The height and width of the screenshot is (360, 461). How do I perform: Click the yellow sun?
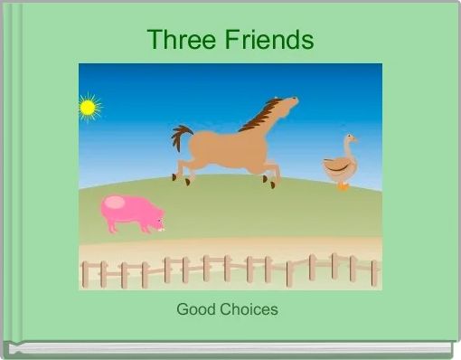pyautogui.click(x=88, y=108)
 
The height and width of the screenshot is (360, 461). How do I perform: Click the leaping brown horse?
pyautogui.click(x=230, y=145)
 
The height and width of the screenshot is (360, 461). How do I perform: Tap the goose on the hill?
pyautogui.click(x=340, y=165)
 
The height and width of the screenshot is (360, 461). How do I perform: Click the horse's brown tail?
pyautogui.click(x=182, y=137)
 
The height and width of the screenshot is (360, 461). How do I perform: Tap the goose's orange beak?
pyautogui.click(x=354, y=139)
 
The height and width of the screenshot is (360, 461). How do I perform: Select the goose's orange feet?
pyautogui.click(x=343, y=185)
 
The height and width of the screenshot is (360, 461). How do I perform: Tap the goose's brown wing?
pyautogui.click(x=335, y=167)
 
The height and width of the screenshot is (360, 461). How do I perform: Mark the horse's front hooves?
pyautogui.click(x=271, y=184)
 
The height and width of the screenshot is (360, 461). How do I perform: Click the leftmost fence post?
pyautogui.click(x=84, y=273)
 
